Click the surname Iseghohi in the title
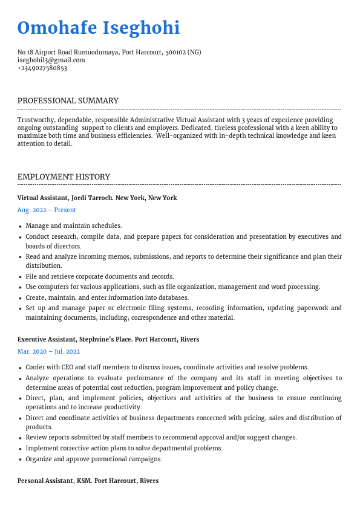142,28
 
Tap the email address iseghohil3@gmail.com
51,60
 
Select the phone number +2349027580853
42,68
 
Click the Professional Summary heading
68,100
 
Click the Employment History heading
64,177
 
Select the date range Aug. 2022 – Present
47,210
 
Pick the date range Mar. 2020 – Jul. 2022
48,351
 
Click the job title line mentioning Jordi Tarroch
97,198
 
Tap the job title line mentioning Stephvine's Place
108,339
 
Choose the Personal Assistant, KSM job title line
88,481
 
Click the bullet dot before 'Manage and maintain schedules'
21,226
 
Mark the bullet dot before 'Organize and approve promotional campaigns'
21,459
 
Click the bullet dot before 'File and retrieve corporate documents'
21,277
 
